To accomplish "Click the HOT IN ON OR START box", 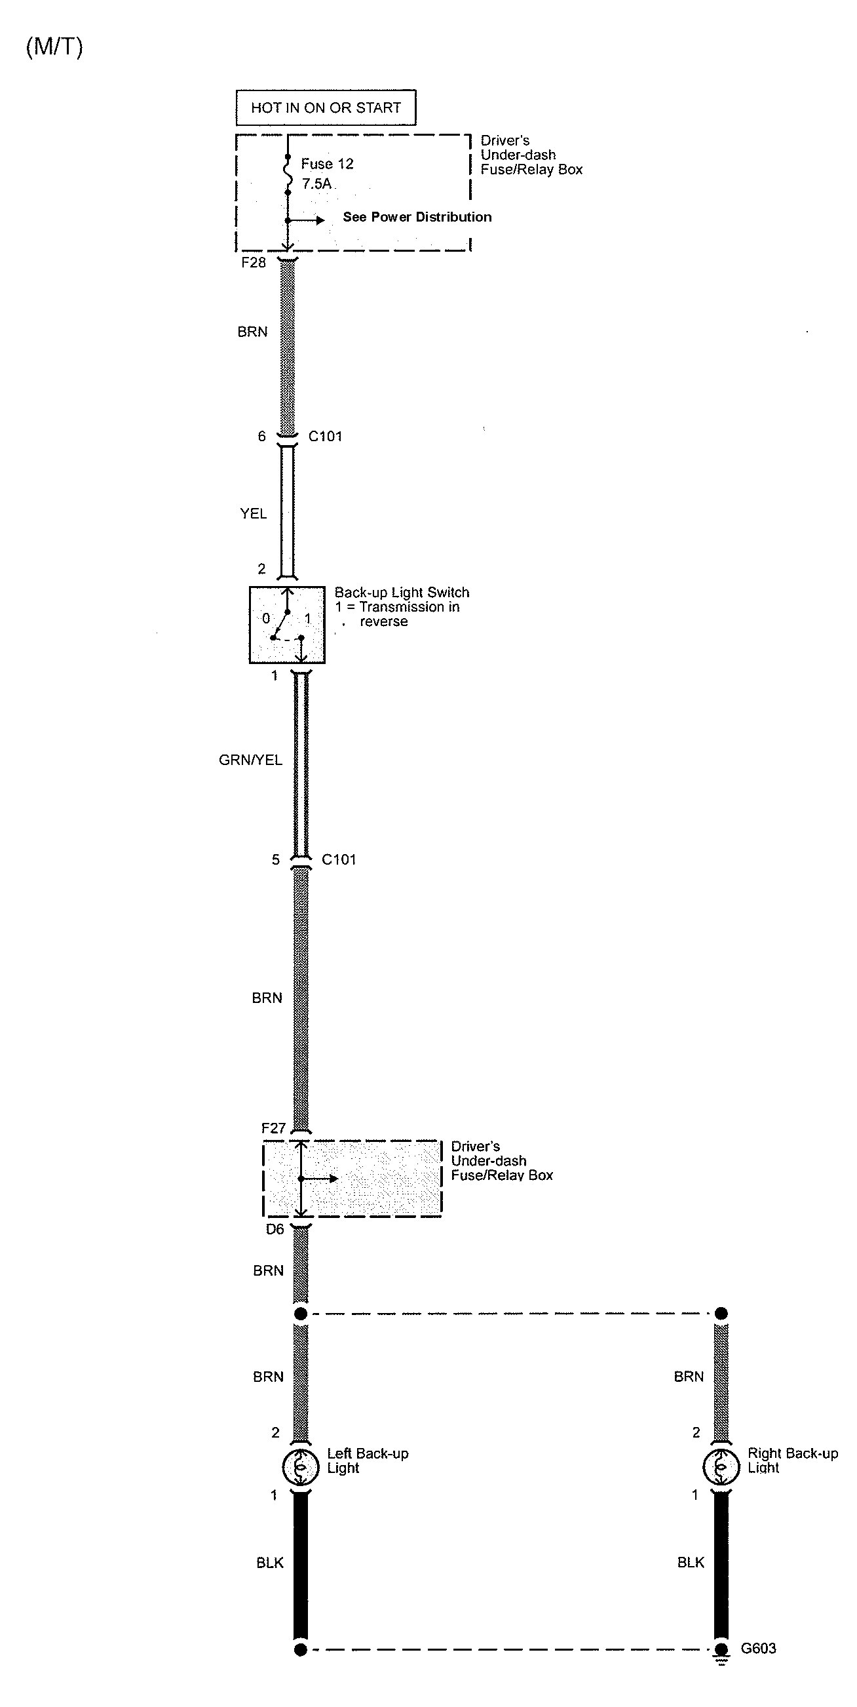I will pos(326,108).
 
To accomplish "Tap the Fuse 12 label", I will pos(327,164).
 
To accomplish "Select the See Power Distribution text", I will pos(417,217).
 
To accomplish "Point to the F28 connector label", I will pos(254,262).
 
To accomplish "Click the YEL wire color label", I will pos(253,513).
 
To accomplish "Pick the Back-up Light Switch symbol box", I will pos(287,624).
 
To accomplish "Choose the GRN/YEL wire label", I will pos(250,760).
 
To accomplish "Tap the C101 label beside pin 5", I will pos(339,859).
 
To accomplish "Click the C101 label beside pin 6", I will pos(325,436).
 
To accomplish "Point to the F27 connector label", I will pos(273,1128).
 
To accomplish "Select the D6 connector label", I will pos(275,1229).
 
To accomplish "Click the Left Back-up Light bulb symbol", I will pos(301,1467).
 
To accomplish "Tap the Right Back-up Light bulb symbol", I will pos(721,1467).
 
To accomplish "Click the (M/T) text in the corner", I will pos(54,47).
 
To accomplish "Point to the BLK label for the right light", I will pos(691,1563).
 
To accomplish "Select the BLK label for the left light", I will pos(269,1563).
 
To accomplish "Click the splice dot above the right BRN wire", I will pos(721,1314).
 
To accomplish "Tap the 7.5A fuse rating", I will pos(316,184).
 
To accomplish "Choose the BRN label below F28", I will pos(252,332).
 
